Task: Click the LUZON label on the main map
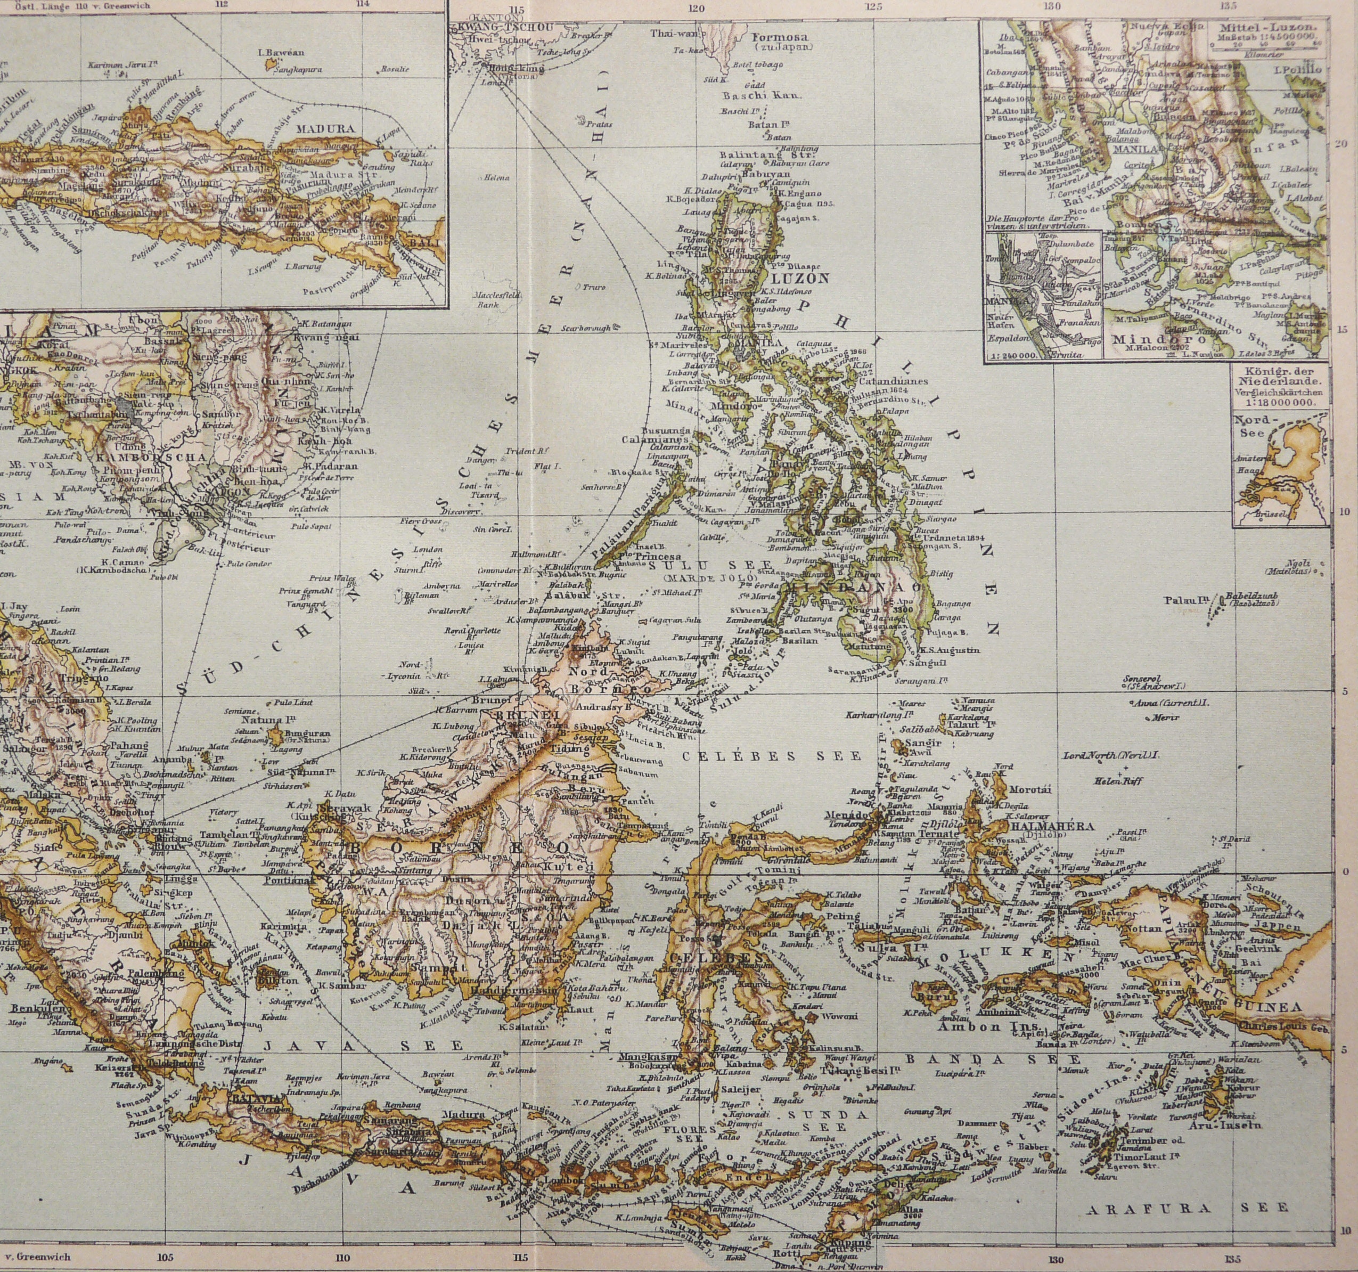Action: pyautogui.click(x=800, y=279)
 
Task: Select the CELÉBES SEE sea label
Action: pyautogui.click(x=771, y=756)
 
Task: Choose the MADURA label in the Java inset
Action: pyautogui.click(x=325, y=128)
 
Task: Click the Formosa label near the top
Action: pyautogui.click(x=780, y=37)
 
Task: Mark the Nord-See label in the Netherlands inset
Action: pyautogui.click(x=1252, y=426)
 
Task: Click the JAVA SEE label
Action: pyautogui.click(x=363, y=1046)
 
